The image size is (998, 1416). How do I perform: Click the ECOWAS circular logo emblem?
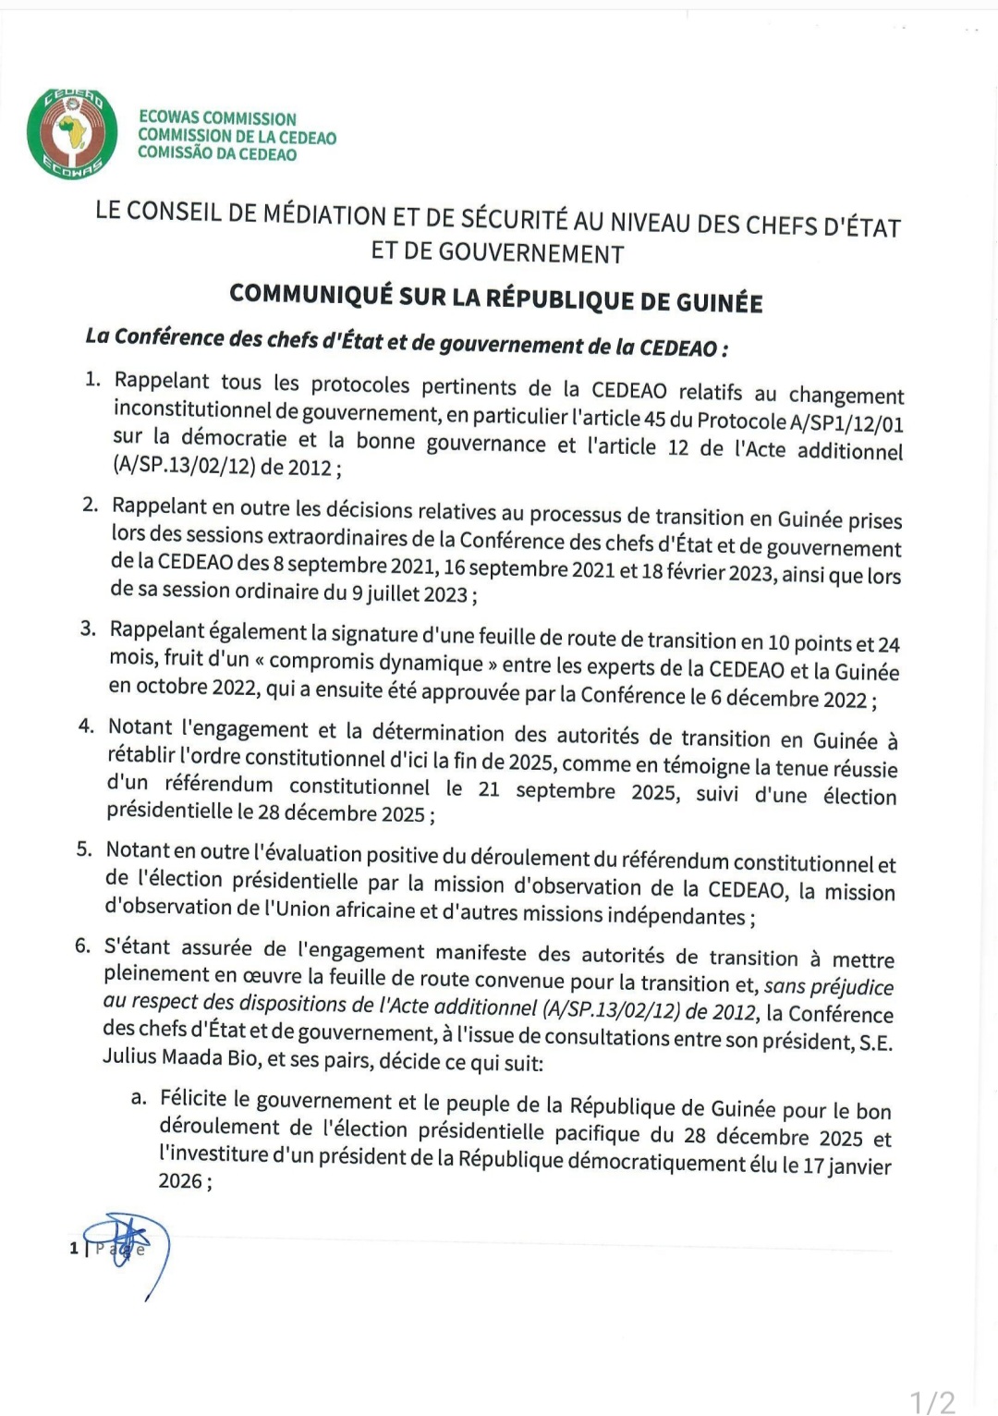coord(72,133)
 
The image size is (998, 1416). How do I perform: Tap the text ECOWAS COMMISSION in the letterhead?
coord(217,118)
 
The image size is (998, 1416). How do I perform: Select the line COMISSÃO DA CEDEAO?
coord(217,153)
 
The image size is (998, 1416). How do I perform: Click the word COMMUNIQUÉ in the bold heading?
coord(310,294)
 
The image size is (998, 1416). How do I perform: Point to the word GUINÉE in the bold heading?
coord(719,302)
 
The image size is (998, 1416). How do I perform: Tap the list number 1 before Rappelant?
coord(92,379)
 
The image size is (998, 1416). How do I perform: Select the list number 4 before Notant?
coord(86,726)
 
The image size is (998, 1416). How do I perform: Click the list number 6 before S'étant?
coord(82,945)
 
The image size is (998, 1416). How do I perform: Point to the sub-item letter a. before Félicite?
coord(139,1097)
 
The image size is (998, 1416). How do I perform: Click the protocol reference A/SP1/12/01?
coord(846,423)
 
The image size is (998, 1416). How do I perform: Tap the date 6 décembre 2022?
coord(788,699)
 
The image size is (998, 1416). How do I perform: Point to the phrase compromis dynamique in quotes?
coord(376,663)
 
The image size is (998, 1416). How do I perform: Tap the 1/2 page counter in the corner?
coord(932,1401)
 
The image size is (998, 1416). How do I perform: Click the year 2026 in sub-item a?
coord(180,1180)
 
